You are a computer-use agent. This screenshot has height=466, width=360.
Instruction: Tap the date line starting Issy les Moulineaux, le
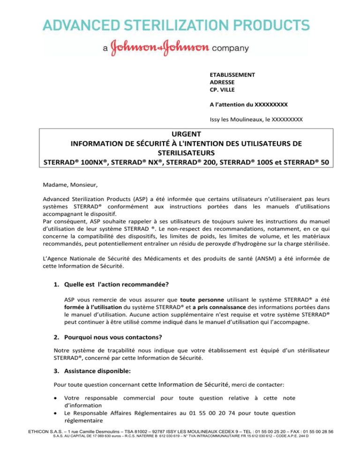coord(255,120)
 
